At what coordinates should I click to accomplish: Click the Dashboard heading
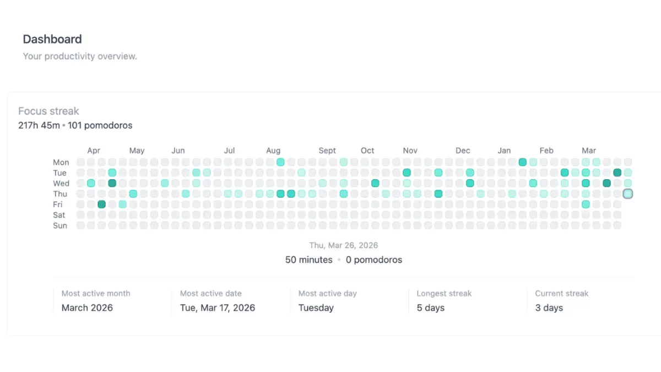click(52, 39)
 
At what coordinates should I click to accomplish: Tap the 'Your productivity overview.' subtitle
click(80, 56)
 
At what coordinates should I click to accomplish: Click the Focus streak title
click(48, 111)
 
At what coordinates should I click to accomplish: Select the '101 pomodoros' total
click(100, 126)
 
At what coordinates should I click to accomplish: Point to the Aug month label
click(273, 150)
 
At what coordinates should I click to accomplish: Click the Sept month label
click(327, 150)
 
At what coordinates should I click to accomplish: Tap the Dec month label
click(463, 150)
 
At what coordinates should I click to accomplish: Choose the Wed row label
click(61, 184)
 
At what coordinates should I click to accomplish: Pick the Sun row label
click(60, 225)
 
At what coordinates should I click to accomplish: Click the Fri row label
click(57, 204)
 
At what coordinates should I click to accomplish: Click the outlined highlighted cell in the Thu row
click(627, 193)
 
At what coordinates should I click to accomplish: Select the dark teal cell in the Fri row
click(101, 204)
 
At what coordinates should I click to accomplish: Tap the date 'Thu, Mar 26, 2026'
click(344, 245)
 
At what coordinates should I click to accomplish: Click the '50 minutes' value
click(308, 260)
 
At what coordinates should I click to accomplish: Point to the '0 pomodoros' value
click(374, 260)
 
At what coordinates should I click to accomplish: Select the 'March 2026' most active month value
click(87, 308)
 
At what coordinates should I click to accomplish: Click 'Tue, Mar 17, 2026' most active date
click(218, 308)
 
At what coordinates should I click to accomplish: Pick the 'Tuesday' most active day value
click(316, 308)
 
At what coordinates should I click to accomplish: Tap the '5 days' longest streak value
click(431, 308)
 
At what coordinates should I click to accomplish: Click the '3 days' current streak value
click(549, 308)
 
